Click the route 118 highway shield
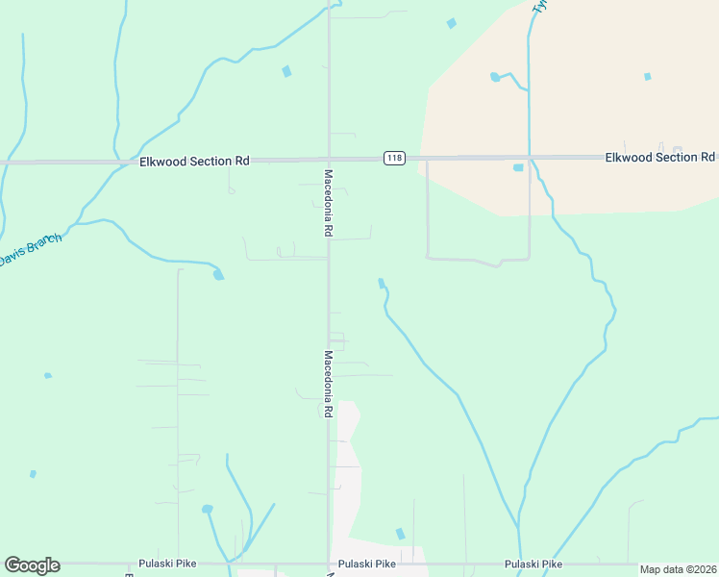393,158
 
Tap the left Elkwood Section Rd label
194,161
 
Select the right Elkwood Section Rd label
659,157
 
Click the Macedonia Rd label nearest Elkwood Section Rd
328,203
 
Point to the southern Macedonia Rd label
328,383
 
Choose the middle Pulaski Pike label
367,564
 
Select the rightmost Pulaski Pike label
533,564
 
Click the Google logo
32,565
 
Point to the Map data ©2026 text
678,569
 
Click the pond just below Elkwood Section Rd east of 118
519,167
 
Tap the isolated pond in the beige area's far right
648,76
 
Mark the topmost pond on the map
451,23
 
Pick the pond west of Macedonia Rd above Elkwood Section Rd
286,71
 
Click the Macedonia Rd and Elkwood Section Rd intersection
329,159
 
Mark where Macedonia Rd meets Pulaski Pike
329,564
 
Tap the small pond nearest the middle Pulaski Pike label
401,534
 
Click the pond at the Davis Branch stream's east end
219,275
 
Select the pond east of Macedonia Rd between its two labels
382,283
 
